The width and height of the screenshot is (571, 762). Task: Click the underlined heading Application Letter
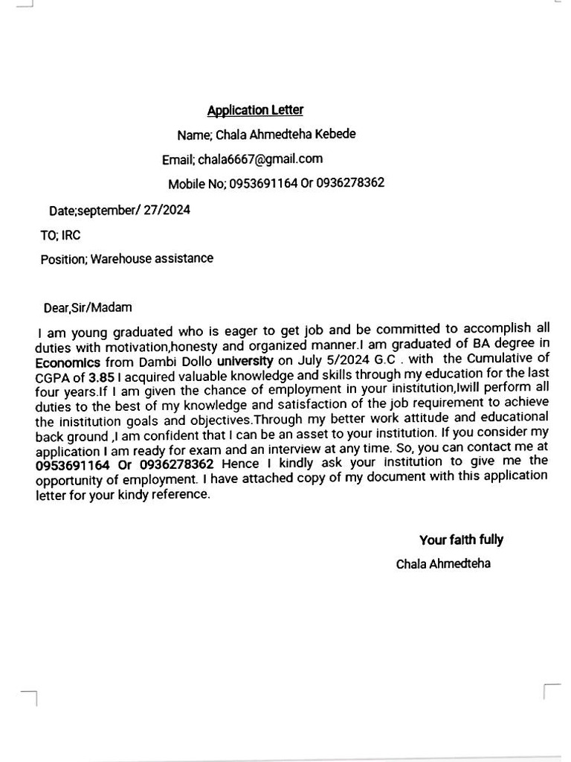pyautogui.click(x=255, y=110)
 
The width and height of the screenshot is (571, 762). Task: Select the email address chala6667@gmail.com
pyautogui.click(x=260, y=159)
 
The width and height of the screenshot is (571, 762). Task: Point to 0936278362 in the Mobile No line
pyautogui.click(x=350, y=182)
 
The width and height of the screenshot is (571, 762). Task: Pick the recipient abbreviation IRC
pyautogui.click(x=71, y=235)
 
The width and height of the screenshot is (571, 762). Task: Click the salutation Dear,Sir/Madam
pyautogui.click(x=88, y=307)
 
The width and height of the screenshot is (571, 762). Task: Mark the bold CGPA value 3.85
pyautogui.click(x=102, y=377)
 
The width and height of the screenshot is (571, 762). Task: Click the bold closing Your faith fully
pyautogui.click(x=461, y=540)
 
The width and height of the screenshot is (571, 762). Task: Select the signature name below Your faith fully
pyautogui.click(x=443, y=563)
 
